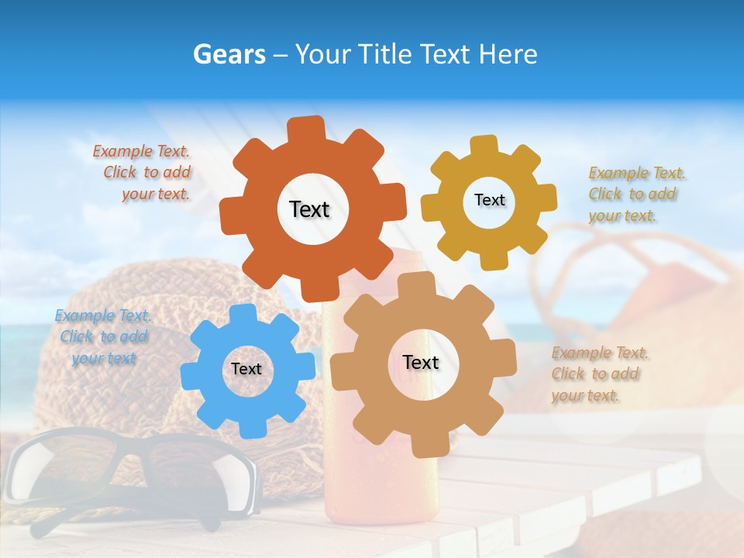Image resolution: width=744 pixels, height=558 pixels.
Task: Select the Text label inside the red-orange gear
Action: [x=309, y=209]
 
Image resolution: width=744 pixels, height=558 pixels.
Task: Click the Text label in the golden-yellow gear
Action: [x=489, y=200]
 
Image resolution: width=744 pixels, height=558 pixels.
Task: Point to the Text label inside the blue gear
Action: [x=246, y=369]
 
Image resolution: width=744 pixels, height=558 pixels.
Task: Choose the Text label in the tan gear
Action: [x=421, y=362]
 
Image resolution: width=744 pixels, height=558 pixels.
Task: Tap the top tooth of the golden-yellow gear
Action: [x=484, y=145]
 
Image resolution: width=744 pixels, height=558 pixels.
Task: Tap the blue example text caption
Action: [x=103, y=337]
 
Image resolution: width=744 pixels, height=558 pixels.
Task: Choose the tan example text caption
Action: [x=598, y=374]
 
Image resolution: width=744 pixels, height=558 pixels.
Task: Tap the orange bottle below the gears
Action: [x=380, y=488]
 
